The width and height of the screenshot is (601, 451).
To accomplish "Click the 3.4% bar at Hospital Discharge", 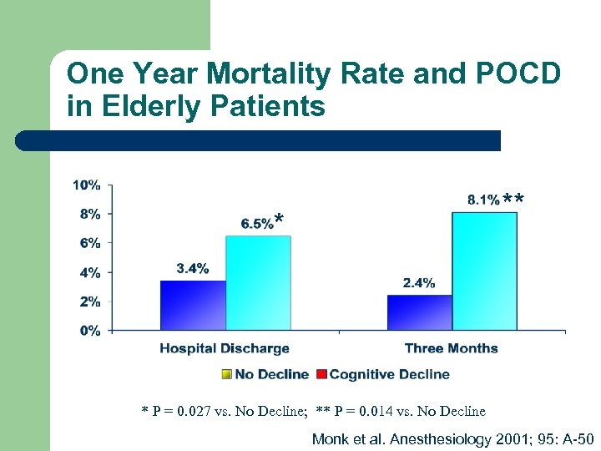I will [193, 305].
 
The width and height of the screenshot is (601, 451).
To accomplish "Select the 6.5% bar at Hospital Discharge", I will [258, 282].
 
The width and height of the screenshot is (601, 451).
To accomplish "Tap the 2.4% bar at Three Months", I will [419, 312].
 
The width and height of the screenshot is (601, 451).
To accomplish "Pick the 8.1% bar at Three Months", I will [484, 271].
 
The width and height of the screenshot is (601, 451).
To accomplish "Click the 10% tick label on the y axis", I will [87, 185].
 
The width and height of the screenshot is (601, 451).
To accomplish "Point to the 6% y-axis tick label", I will [89, 243].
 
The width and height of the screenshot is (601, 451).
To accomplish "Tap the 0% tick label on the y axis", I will [89, 331].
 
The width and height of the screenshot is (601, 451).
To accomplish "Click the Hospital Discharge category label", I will [225, 348].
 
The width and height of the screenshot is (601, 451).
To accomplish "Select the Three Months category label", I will [451, 348].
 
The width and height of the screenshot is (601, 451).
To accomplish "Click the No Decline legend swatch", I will [227, 374].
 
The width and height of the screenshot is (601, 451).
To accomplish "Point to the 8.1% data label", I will [483, 200].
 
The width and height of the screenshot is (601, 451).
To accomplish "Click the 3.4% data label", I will [192, 268].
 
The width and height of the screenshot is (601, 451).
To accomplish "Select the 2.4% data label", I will [418, 283].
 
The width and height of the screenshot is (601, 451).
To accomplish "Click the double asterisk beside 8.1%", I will [514, 200].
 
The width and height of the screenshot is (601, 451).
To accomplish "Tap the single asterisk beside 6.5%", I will [280, 220].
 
